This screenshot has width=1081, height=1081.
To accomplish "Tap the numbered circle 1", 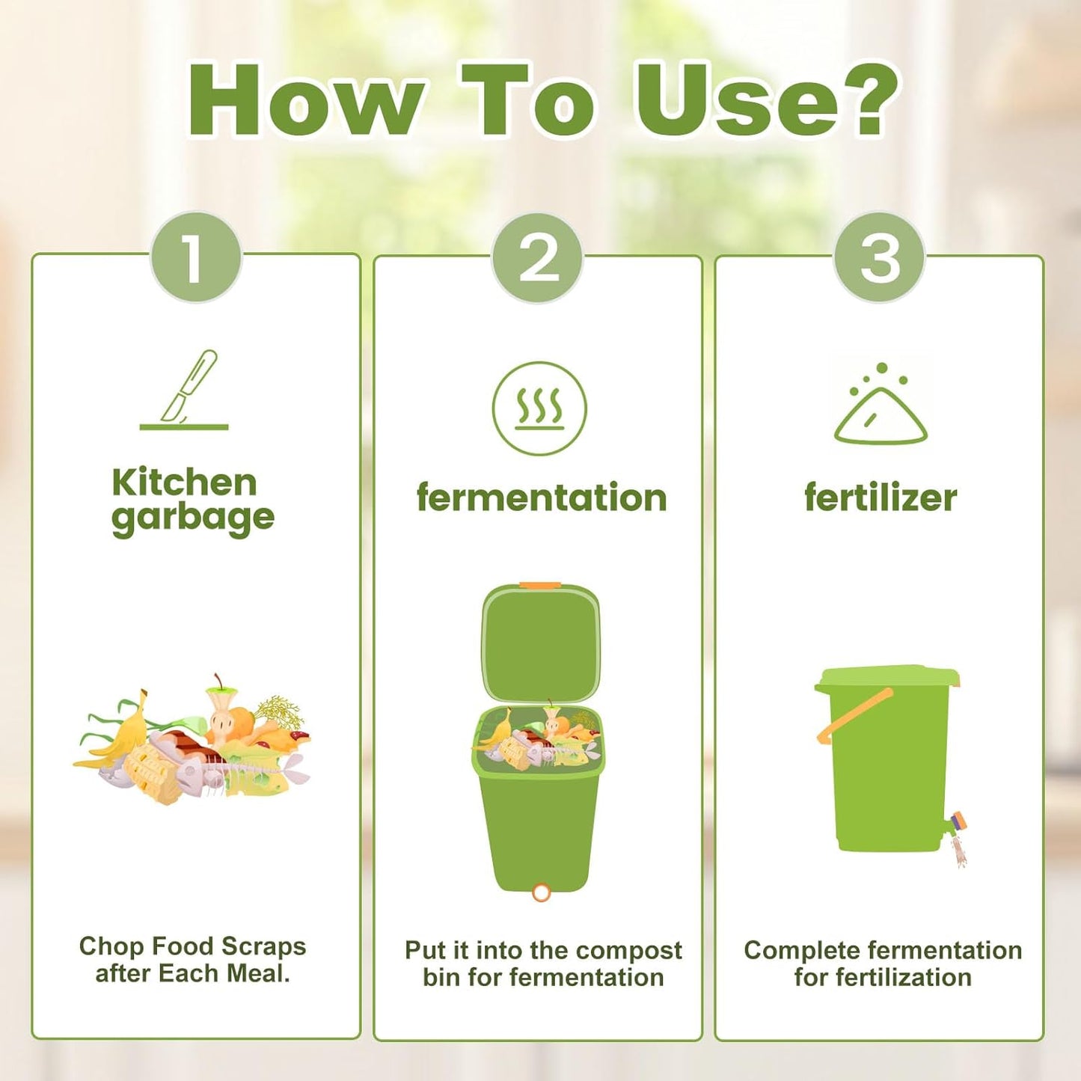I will [x=196, y=258].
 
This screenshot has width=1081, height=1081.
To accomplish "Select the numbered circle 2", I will [x=538, y=258].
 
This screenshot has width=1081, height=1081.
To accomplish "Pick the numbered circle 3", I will [x=880, y=258].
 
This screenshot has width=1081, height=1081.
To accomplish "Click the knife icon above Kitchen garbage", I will [x=187, y=389].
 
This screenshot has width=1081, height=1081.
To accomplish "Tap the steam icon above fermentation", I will [x=539, y=408].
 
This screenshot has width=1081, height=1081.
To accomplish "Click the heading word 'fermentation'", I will [x=541, y=498].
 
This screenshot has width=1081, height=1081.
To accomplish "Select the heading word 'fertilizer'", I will [x=881, y=498].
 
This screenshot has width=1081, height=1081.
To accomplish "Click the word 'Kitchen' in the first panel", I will [x=184, y=483].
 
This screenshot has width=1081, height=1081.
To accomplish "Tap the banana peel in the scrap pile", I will [x=123, y=737].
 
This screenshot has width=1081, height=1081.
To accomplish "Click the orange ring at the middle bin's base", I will [x=541, y=892].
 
